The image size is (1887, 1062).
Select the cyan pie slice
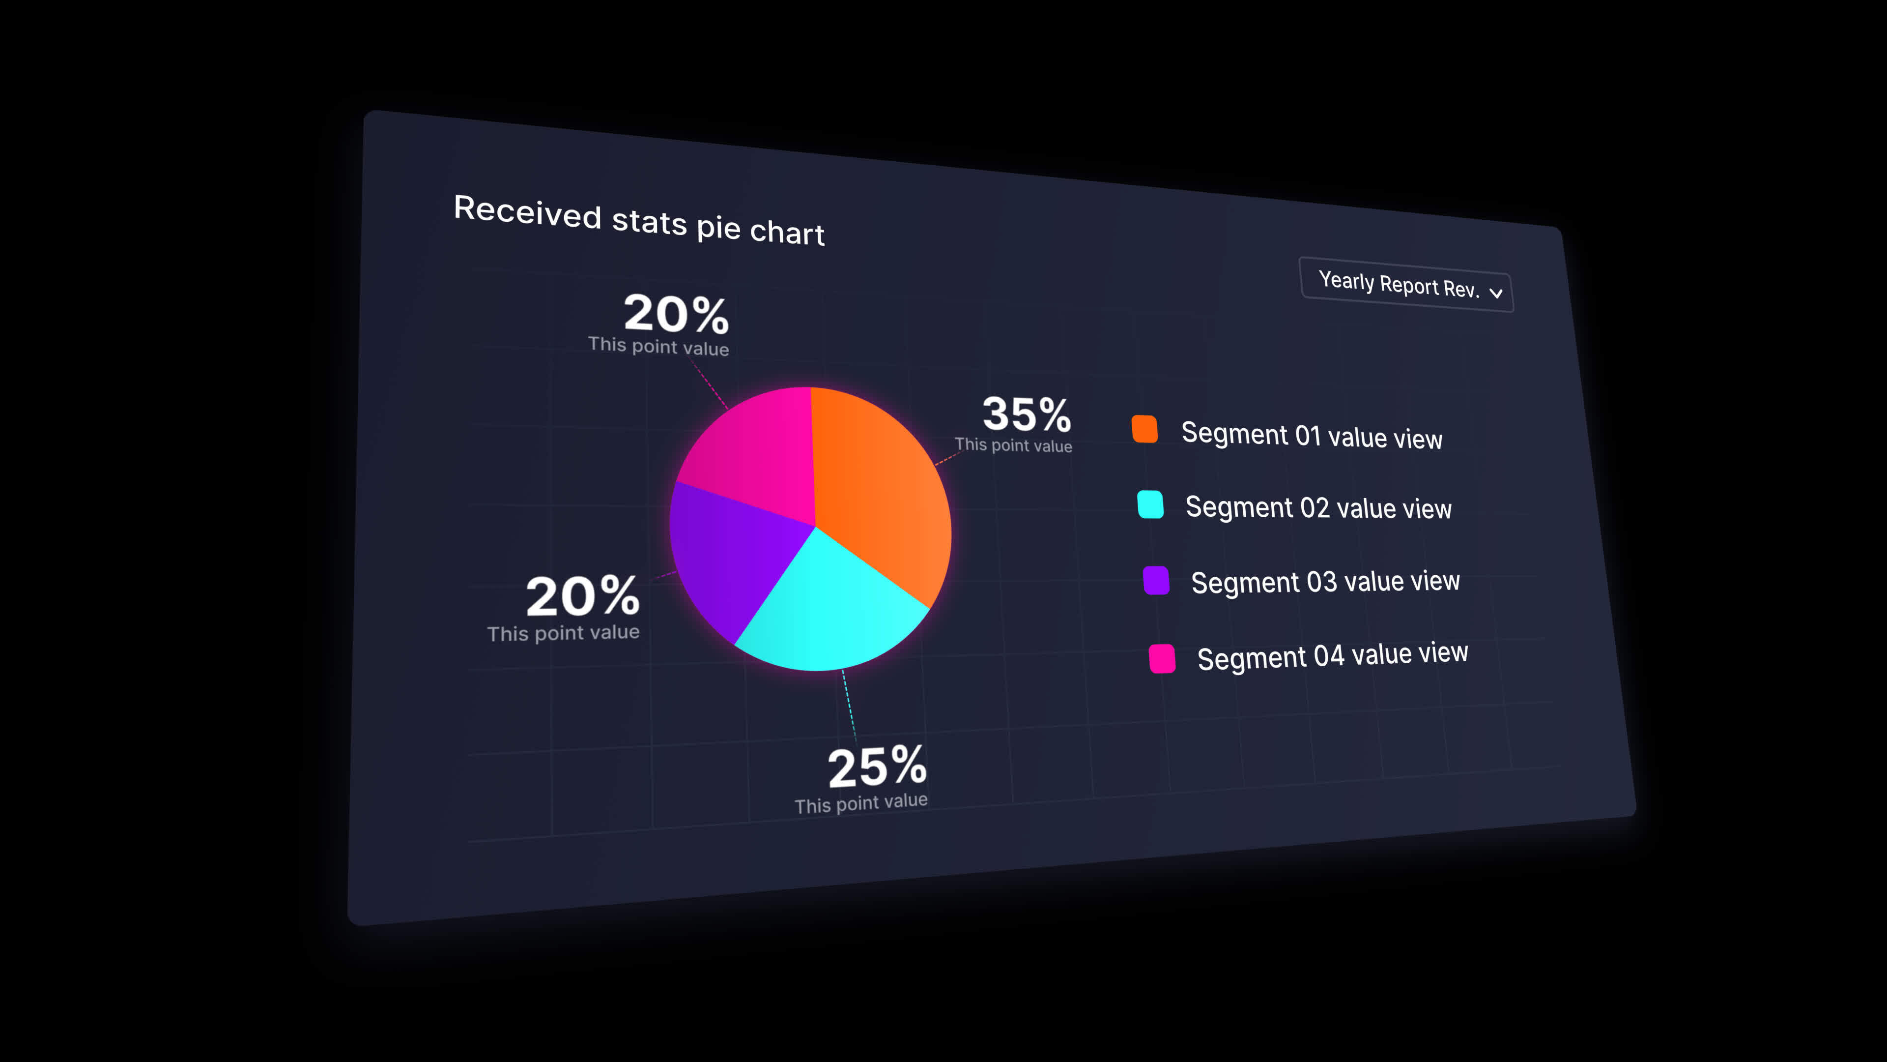828,608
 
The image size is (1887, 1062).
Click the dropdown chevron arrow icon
1496,293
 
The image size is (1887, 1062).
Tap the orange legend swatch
1144,429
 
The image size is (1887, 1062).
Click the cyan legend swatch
1150,504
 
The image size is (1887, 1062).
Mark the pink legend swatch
1162,658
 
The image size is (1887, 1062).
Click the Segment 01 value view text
1311,435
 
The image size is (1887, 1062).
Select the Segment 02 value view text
1318,507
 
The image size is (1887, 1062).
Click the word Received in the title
527,212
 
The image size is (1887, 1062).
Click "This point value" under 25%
861,803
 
